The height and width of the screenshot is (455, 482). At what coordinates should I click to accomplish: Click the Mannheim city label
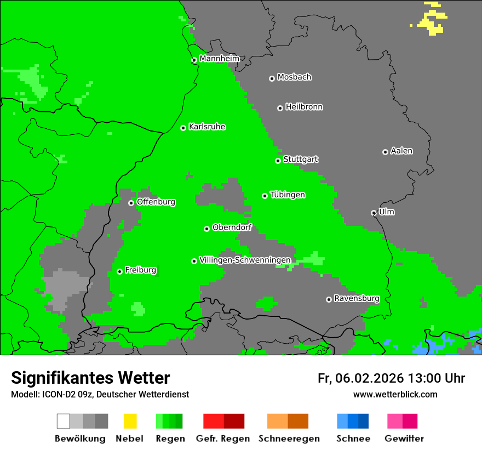[x=219, y=59]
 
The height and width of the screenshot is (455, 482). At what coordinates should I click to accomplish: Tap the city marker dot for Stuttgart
[x=278, y=161]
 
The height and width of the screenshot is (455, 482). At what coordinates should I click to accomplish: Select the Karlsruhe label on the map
[x=206, y=127]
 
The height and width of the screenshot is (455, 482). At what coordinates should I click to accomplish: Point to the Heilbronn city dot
[x=280, y=108]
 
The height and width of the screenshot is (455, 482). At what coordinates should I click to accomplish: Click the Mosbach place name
[x=294, y=77]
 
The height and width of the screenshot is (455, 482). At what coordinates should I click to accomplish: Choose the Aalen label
[x=401, y=151]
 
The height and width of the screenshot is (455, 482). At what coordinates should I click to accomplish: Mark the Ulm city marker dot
[x=374, y=213]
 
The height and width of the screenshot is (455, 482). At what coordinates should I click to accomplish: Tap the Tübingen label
[x=288, y=195]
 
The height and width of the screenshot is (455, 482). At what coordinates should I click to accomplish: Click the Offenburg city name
[x=156, y=202]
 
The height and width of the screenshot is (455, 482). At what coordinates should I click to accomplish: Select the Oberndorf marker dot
[x=206, y=229]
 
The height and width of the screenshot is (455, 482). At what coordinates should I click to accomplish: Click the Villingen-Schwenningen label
[x=245, y=260]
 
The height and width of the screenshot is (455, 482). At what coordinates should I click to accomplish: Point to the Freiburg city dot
[x=119, y=271]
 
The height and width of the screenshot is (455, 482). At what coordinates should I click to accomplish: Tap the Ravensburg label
[x=357, y=299]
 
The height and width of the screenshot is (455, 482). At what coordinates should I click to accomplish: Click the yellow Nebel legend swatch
[x=130, y=421]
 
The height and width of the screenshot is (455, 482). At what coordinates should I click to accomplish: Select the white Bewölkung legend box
[x=64, y=421]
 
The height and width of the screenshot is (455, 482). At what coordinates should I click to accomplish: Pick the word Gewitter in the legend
[x=404, y=439]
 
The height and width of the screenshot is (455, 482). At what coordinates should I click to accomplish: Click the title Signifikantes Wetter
[x=90, y=378]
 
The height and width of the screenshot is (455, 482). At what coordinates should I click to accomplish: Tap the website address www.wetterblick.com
[x=395, y=394]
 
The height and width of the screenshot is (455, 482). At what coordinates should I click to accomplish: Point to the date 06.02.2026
[x=370, y=378]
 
